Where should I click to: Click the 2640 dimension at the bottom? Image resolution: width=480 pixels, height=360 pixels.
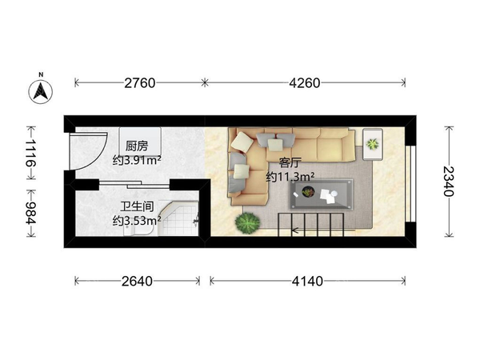point(137,281)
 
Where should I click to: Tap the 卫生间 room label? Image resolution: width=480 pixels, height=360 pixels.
point(134,205)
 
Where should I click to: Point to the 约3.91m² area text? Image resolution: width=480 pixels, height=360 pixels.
point(137,160)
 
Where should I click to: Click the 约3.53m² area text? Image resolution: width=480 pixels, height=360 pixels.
point(137,218)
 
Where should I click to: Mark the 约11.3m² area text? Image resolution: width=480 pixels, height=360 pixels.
point(290,176)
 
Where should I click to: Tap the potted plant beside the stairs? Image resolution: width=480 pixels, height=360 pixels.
point(248,222)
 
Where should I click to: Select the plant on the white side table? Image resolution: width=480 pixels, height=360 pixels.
point(372,144)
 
